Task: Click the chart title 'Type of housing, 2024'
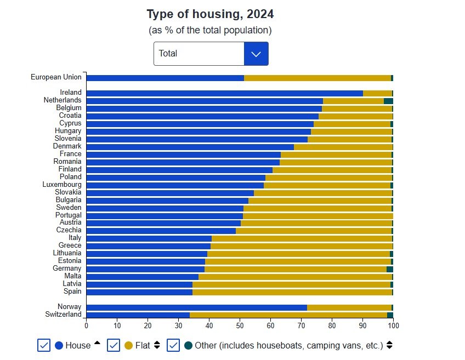[x=210, y=14]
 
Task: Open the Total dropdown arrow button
[x=256, y=54]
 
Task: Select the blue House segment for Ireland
[x=224, y=93]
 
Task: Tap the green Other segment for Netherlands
[x=388, y=101]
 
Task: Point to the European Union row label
[x=56, y=77]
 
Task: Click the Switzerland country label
[x=63, y=315]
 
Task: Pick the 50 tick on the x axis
[x=240, y=325]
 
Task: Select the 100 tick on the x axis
[x=393, y=325]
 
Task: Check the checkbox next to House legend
[x=44, y=345]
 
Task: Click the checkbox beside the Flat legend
[x=114, y=345]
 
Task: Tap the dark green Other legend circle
[x=189, y=345]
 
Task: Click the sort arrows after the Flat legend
[x=157, y=345]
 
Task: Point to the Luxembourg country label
[x=62, y=185]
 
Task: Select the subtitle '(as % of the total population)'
[x=210, y=30]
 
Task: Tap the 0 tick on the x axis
[x=86, y=325]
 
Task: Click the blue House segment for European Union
[x=165, y=78]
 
